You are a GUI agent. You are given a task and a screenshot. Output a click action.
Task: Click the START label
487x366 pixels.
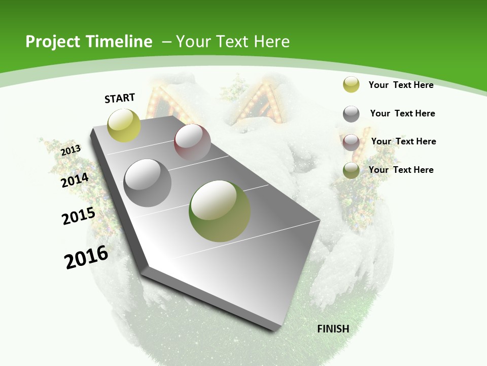pos(120,98)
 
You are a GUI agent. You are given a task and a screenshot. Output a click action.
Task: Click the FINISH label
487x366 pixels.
pos(333,329)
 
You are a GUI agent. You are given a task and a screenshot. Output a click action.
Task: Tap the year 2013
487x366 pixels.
pos(71,150)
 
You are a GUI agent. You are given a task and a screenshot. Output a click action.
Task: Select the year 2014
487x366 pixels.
pos(75,180)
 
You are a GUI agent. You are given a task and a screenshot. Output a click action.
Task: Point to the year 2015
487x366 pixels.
pos(78,216)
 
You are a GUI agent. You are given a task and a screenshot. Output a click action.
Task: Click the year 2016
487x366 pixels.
pos(86,257)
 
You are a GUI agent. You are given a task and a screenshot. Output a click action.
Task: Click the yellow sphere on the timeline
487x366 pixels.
pos(124,125)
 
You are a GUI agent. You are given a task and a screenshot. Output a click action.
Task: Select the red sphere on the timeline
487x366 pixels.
pos(192,142)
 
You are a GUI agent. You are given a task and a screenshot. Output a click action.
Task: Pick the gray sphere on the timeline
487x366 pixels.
pos(147,182)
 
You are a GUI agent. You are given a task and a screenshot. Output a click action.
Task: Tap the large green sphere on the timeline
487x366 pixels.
pos(219,211)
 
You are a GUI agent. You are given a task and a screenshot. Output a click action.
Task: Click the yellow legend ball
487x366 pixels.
pos(351,84)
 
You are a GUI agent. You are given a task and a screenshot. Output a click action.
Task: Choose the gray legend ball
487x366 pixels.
pos(351,114)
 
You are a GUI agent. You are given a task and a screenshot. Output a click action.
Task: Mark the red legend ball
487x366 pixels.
pos(351,142)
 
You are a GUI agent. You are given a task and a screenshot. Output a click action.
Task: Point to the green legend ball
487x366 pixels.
pos(351,170)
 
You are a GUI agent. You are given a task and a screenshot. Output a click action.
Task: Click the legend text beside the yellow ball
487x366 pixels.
pos(401,85)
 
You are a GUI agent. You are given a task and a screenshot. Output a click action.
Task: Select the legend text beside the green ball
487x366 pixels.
pos(401,170)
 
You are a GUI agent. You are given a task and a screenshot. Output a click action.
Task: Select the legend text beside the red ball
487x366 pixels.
pos(403,141)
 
